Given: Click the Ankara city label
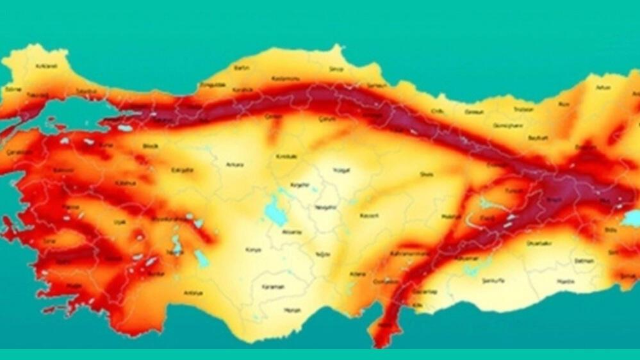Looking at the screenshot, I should [234, 165].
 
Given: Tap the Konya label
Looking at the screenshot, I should [253, 250].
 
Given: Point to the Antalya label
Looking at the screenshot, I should [193, 293].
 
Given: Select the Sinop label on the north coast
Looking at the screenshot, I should [336, 69].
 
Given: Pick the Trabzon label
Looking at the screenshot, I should [523, 109].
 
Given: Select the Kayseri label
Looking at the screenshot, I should [370, 216].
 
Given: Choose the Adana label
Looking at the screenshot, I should [357, 274].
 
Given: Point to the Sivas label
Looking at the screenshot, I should [426, 174].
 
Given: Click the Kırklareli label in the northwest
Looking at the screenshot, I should [45, 66].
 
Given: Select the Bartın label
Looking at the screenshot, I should [242, 67].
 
